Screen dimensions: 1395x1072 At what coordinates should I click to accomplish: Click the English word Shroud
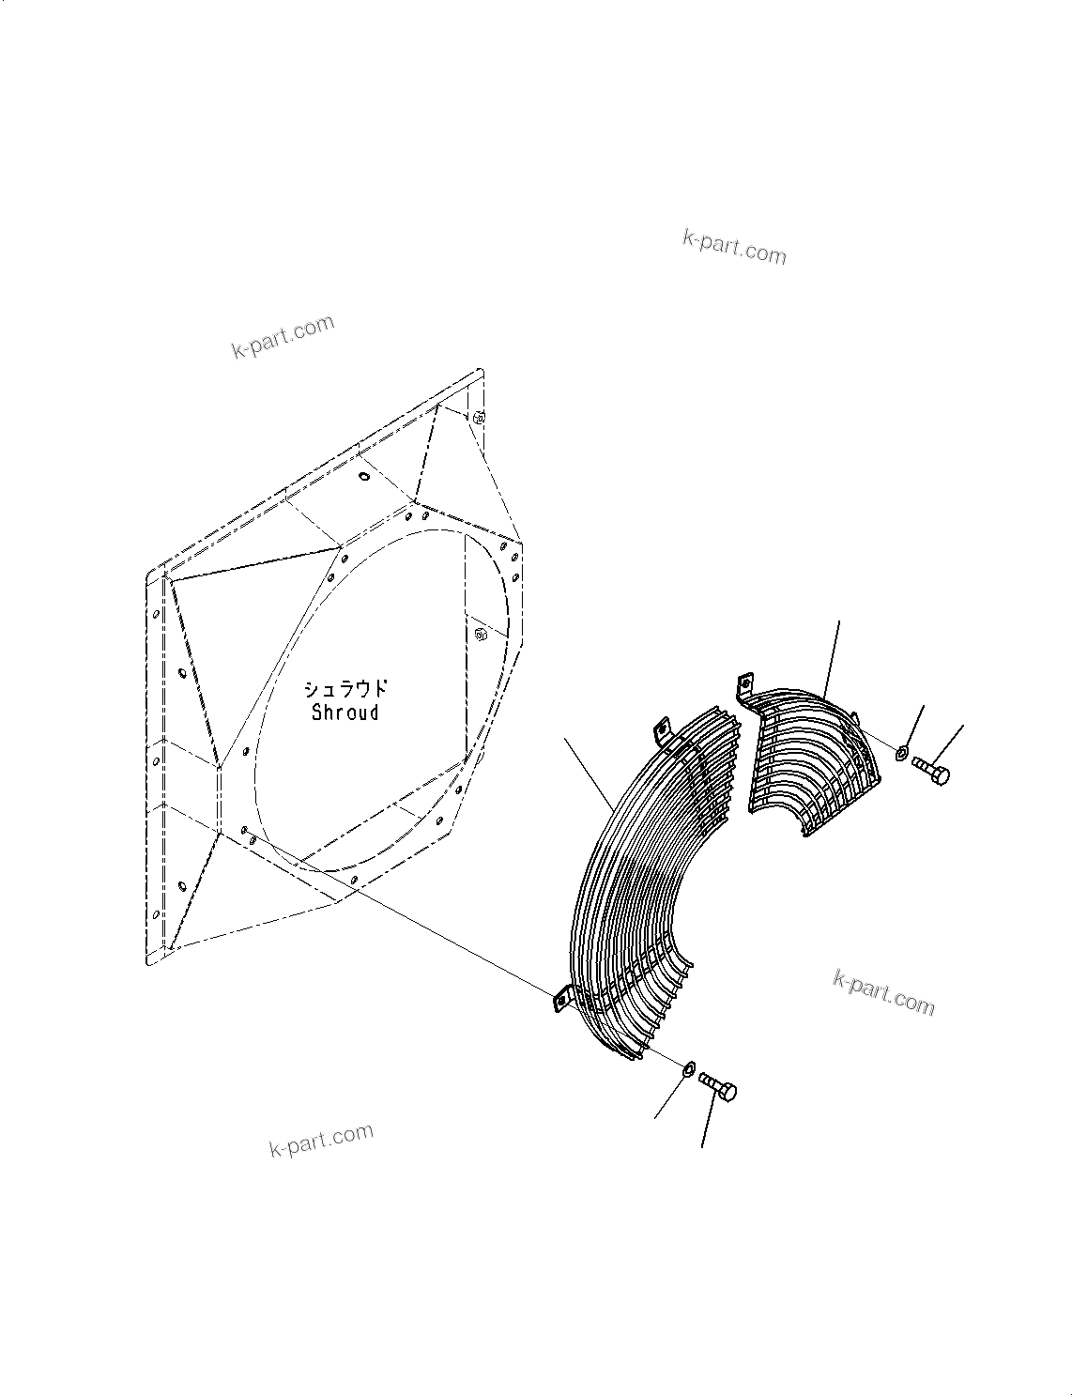point(345,713)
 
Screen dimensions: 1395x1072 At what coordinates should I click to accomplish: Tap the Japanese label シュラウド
point(345,688)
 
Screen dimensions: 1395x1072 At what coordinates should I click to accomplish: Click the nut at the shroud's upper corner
point(478,417)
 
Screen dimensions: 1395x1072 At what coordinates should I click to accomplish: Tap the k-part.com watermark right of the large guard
point(883,992)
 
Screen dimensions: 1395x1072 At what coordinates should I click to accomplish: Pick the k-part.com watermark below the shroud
point(321,1141)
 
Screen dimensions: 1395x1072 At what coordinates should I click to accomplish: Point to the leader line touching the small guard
point(834,657)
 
